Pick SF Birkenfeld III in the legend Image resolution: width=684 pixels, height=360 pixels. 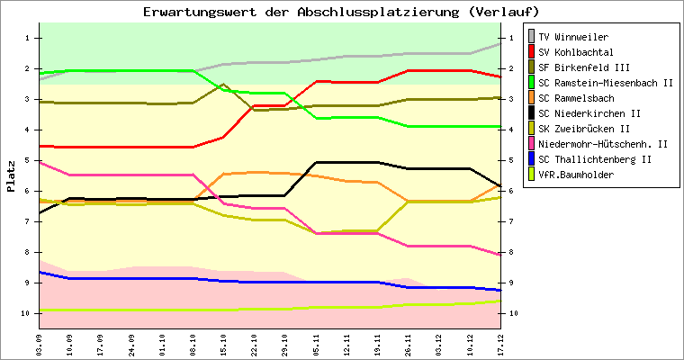(x=583, y=67)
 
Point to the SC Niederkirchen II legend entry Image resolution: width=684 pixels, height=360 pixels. (x=589, y=113)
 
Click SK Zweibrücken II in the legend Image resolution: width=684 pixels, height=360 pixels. (x=581, y=129)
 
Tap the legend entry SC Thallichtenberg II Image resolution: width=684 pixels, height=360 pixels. (x=595, y=159)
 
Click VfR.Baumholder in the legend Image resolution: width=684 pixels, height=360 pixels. (x=577, y=175)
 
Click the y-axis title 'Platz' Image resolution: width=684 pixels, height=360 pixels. (x=12, y=176)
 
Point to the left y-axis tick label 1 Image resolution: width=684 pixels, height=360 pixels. (x=29, y=38)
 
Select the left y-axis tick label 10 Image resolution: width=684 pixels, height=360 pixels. (x=27, y=314)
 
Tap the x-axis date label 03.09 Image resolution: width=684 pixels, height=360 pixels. (x=39, y=343)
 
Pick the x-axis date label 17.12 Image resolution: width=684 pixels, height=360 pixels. (x=501, y=343)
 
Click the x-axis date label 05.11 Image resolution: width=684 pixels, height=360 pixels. (x=317, y=343)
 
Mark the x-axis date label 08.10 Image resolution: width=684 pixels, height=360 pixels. (x=193, y=343)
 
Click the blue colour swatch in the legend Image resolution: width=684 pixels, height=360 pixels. (x=531, y=159)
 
